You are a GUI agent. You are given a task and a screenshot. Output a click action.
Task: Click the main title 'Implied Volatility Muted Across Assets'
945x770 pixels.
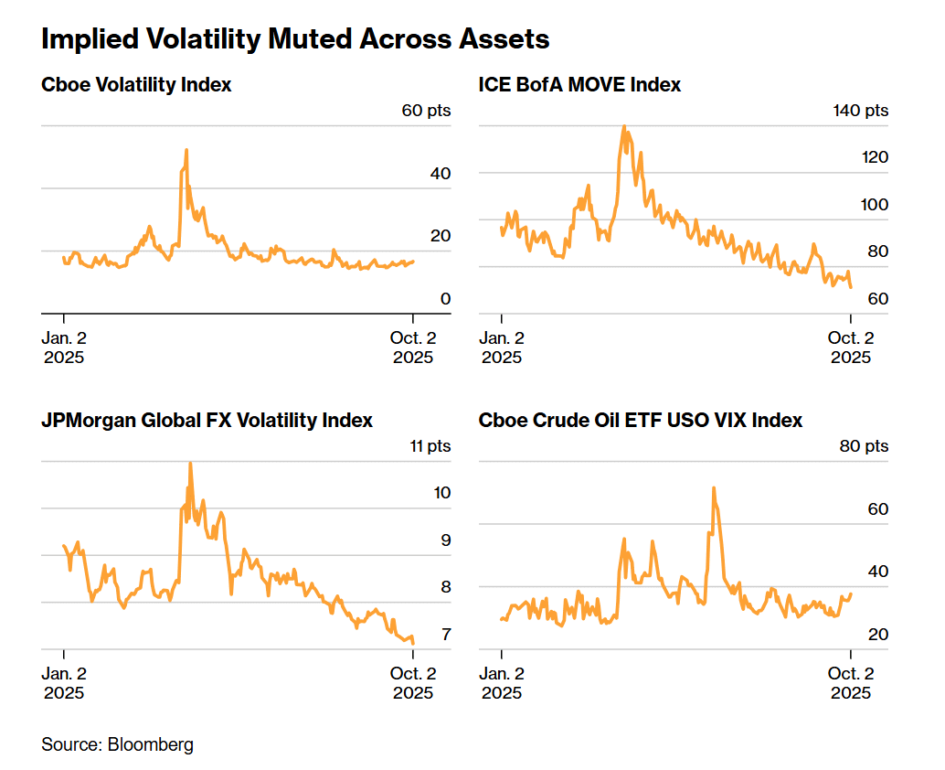(295, 39)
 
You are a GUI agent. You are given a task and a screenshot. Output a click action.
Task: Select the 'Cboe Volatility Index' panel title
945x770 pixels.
(136, 85)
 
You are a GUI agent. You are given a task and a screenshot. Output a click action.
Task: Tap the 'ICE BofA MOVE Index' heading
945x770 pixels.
(579, 85)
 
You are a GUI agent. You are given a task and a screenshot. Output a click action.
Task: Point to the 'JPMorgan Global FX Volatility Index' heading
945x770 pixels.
(207, 421)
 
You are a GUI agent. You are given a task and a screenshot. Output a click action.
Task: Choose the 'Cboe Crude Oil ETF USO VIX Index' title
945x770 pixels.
(641, 421)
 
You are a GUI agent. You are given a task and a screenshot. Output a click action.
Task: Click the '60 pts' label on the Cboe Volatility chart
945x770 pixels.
(426, 112)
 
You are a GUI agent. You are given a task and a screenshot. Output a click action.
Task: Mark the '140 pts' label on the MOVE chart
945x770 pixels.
(860, 112)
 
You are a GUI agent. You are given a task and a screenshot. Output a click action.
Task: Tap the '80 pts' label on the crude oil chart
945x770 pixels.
(864, 447)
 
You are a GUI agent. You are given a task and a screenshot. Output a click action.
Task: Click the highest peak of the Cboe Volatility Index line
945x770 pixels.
(186, 150)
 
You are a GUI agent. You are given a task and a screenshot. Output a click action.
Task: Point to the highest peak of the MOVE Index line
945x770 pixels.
(624, 126)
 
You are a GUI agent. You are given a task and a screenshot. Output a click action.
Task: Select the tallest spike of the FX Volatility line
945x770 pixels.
(190, 463)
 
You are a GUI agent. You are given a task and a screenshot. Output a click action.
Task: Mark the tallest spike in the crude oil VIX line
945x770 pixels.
(713, 487)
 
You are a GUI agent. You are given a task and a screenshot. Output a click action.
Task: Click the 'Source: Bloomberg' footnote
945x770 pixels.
(117, 744)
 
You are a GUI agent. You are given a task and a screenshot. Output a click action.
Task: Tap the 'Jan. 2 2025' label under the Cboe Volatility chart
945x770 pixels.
(64, 348)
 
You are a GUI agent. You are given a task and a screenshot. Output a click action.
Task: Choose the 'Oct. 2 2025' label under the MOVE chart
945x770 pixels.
(851, 348)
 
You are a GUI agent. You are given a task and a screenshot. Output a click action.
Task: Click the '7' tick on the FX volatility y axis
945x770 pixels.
(445, 634)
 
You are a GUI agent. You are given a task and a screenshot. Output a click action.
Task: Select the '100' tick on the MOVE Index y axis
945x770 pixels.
(876, 205)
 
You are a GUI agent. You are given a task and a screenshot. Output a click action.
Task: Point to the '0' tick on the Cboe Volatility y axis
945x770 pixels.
(446, 298)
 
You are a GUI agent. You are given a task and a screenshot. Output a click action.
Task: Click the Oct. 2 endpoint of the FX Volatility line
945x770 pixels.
(413, 644)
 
